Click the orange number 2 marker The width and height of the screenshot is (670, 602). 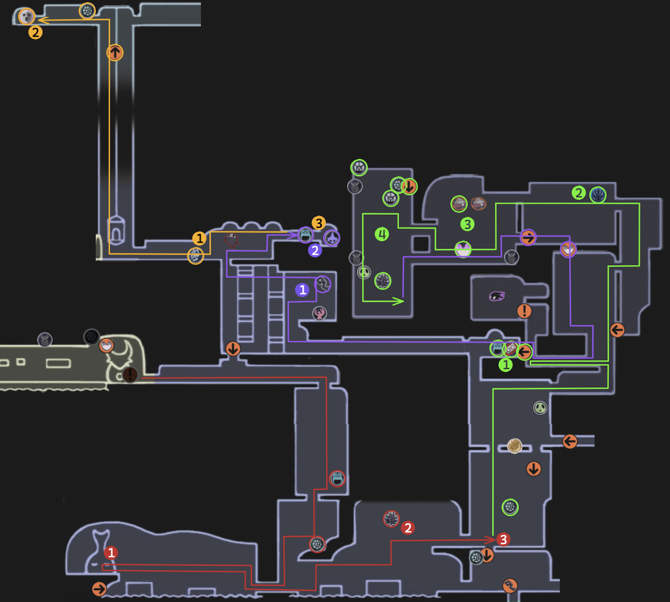click(35, 32)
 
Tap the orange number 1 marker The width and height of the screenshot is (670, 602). click(199, 238)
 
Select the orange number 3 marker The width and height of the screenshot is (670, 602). click(319, 223)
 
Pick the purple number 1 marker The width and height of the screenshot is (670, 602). click(302, 289)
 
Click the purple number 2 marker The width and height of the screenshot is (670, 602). click(315, 251)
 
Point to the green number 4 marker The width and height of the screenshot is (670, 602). click(382, 234)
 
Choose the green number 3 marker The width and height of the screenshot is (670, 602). click(467, 224)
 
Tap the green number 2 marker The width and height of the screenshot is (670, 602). click(579, 193)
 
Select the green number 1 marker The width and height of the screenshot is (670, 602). click(506, 365)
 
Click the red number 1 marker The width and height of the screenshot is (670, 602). click(111, 553)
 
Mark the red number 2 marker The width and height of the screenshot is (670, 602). click(408, 528)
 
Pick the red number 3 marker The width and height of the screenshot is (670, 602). click(503, 540)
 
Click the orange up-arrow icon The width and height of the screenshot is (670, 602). click(115, 53)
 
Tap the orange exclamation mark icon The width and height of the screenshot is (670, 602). click(524, 311)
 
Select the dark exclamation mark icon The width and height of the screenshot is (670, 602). click(130, 374)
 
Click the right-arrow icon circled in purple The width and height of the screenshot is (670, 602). click(528, 238)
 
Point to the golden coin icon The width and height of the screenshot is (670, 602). click(515, 446)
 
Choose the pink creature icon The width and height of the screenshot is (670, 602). click(497, 296)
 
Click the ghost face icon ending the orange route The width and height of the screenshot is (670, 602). click(27, 17)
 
